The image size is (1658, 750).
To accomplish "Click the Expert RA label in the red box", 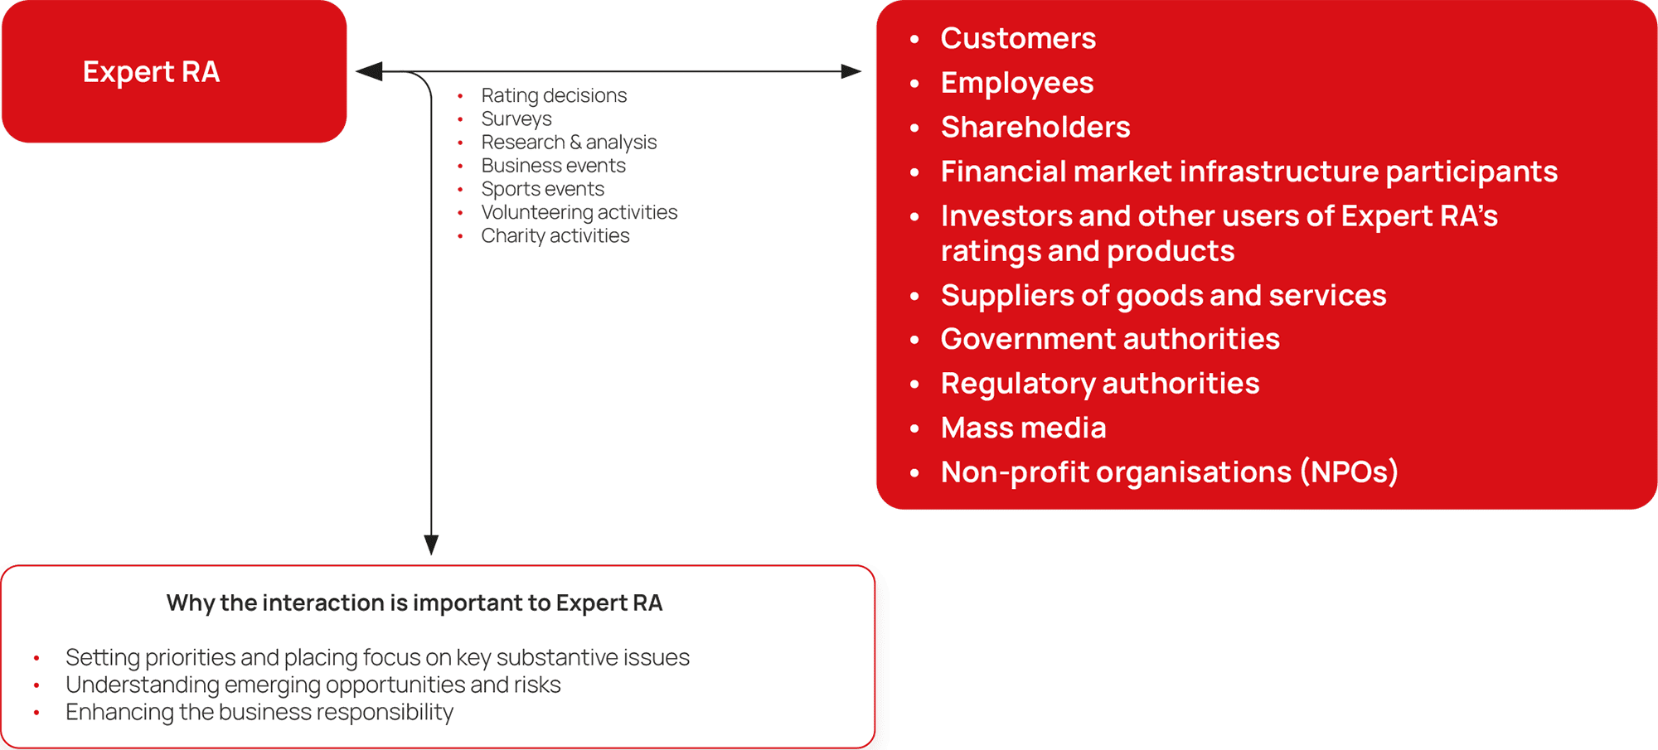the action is click(151, 72).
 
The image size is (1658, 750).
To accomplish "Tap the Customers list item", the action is click(1018, 38).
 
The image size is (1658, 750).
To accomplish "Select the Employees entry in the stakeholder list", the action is click(1017, 83).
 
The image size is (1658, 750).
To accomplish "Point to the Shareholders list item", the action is click(1035, 127).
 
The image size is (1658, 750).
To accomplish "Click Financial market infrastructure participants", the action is click(1249, 172).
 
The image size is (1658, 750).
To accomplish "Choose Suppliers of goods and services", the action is click(1163, 295).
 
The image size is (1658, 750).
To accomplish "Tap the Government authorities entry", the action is click(1110, 339).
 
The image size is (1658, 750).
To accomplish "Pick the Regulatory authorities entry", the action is click(1100, 384).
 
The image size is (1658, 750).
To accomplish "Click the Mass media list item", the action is click(1024, 428).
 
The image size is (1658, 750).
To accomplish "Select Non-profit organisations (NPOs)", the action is click(1170, 472).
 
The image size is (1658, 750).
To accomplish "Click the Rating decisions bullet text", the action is click(554, 96).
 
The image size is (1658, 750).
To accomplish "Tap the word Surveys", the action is click(516, 119).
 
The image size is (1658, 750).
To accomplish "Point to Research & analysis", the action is click(569, 143).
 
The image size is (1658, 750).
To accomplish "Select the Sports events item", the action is click(543, 189).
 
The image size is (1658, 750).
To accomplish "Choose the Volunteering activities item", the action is click(579, 212).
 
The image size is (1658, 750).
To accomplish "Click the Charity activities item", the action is click(555, 236).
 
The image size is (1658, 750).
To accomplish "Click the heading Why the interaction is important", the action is click(414, 603).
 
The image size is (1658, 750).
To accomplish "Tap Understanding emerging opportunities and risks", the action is click(313, 685).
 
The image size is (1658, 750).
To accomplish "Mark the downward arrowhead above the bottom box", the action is click(431, 544).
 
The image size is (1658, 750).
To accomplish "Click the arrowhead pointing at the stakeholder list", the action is click(851, 71).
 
